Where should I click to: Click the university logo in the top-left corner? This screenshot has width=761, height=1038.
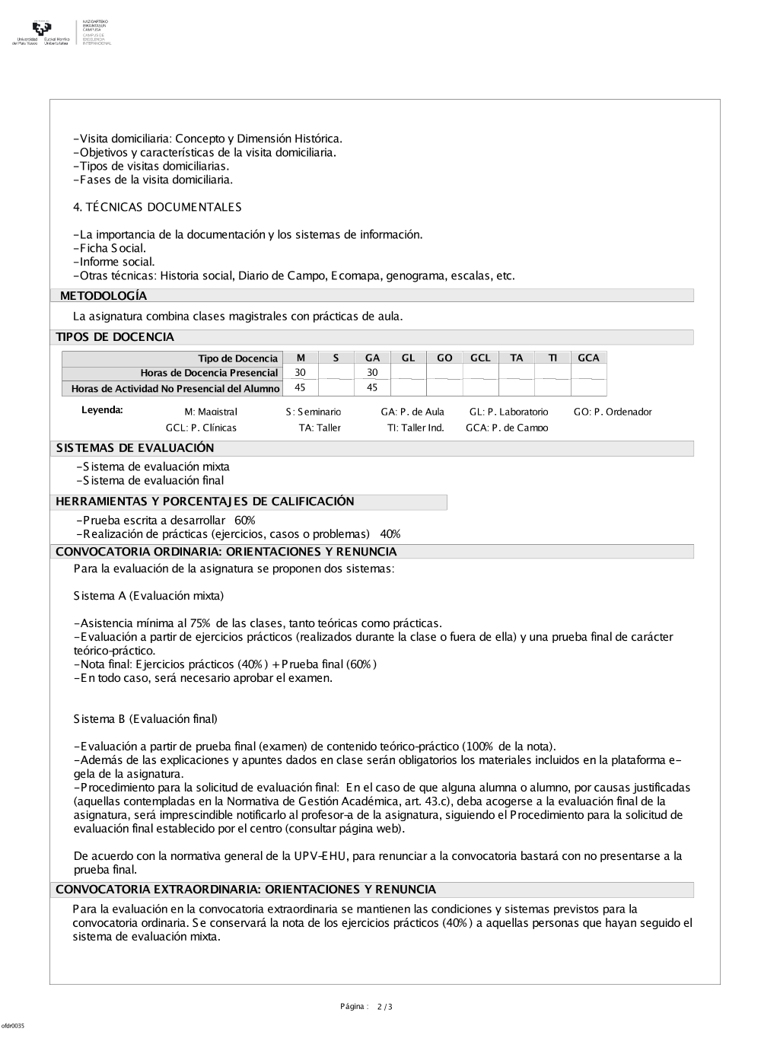(42, 32)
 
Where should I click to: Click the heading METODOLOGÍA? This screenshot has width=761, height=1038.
(103, 296)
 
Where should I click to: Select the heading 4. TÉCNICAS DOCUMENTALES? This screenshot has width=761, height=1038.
(158, 207)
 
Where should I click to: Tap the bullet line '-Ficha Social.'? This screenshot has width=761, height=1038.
(110, 248)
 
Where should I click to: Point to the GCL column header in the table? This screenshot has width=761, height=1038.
(480, 358)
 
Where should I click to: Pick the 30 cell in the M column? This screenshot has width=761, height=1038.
(301, 372)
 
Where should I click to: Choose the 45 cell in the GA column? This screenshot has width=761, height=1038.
(372, 387)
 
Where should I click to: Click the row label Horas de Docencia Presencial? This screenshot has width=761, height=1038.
(209, 373)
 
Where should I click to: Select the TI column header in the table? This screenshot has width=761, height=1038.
(552, 358)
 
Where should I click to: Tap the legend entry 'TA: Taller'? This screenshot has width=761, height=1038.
(320, 428)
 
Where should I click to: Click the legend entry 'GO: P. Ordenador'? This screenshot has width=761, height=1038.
(613, 412)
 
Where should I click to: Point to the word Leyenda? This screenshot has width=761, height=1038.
(102, 410)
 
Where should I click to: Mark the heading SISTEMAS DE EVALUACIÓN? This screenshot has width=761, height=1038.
(135, 448)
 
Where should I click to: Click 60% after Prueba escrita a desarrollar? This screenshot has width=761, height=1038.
(245, 521)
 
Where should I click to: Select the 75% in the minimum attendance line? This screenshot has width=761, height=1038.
(201, 623)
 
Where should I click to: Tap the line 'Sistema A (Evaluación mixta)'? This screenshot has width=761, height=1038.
(148, 596)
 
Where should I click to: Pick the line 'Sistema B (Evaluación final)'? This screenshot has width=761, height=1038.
(145, 719)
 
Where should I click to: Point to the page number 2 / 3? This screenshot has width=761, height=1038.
(385, 1007)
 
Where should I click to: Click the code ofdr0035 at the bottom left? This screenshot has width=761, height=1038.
(12, 1026)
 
